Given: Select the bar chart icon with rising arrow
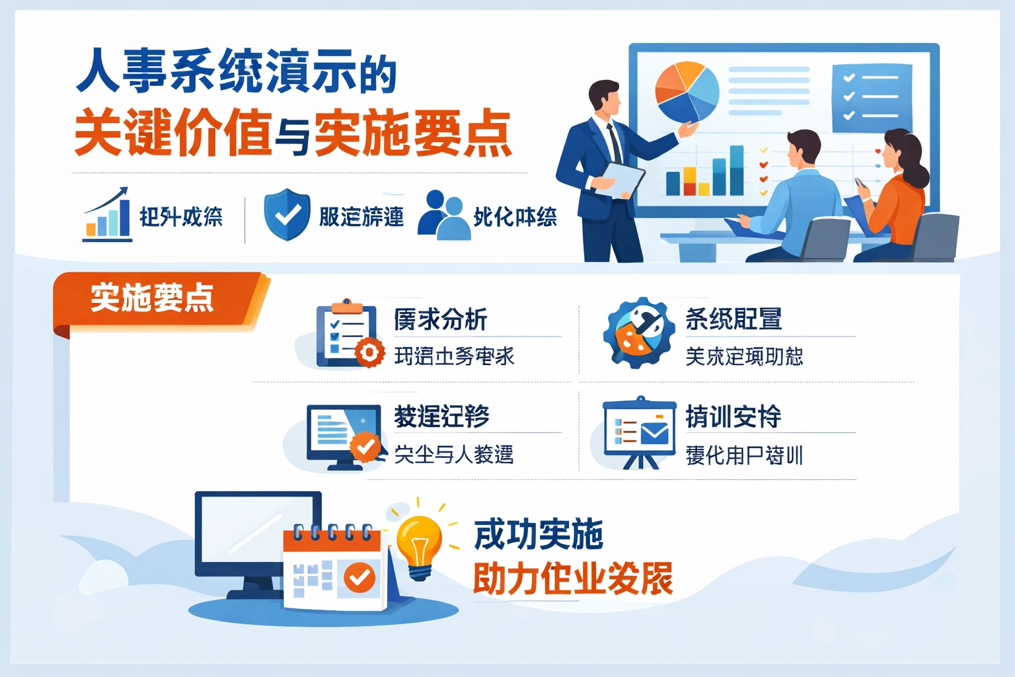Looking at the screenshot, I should coord(107,214).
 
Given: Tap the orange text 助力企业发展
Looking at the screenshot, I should coord(572,578).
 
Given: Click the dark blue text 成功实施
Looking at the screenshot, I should coord(539,534).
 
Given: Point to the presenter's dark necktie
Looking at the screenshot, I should coord(614,142).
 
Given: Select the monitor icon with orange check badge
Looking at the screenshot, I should coord(344,436).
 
